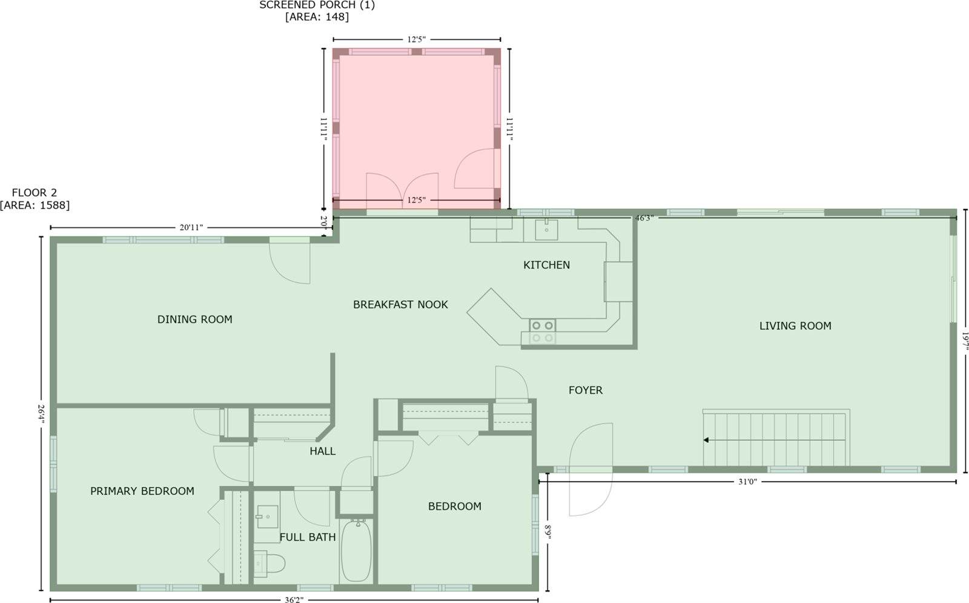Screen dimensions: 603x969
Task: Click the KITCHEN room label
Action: pyautogui.click(x=546, y=265)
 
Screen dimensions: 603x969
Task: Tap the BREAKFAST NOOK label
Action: pyautogui.click(x=400, y=305)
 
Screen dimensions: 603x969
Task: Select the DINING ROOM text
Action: pyautogui.click(x=194, y=319)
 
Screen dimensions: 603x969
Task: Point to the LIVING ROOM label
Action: pyautogui.click(x=795, y=326)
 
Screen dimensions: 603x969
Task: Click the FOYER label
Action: pyautogui.click(x=585, y=390)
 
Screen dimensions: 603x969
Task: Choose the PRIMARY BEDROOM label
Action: pyautogui.click(x=142, y=491)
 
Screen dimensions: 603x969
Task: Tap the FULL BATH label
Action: pyautogui.click(x=307, y=537)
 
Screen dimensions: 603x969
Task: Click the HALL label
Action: pyautogui.click(x=322, y=451)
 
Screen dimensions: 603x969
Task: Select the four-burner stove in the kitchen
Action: pyautogui.click(x=542, y=331)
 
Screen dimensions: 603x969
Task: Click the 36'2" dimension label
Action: pyautogui.click(x=294, y=600)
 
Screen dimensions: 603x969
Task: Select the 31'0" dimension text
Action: pyautogui.click(x=747, y=482)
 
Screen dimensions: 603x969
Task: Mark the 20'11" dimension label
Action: pyautogui.click(x=191, y=228)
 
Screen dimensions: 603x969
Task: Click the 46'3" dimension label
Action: pyautogui.click(x=643, y=218)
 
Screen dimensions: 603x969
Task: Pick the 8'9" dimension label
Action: pyautogui.click(x=547, y=532)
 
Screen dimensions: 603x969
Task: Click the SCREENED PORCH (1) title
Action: pyautogui.click(x=317, y=5)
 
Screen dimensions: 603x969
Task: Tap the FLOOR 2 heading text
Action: pyautogui.click(x=35, y=193)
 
